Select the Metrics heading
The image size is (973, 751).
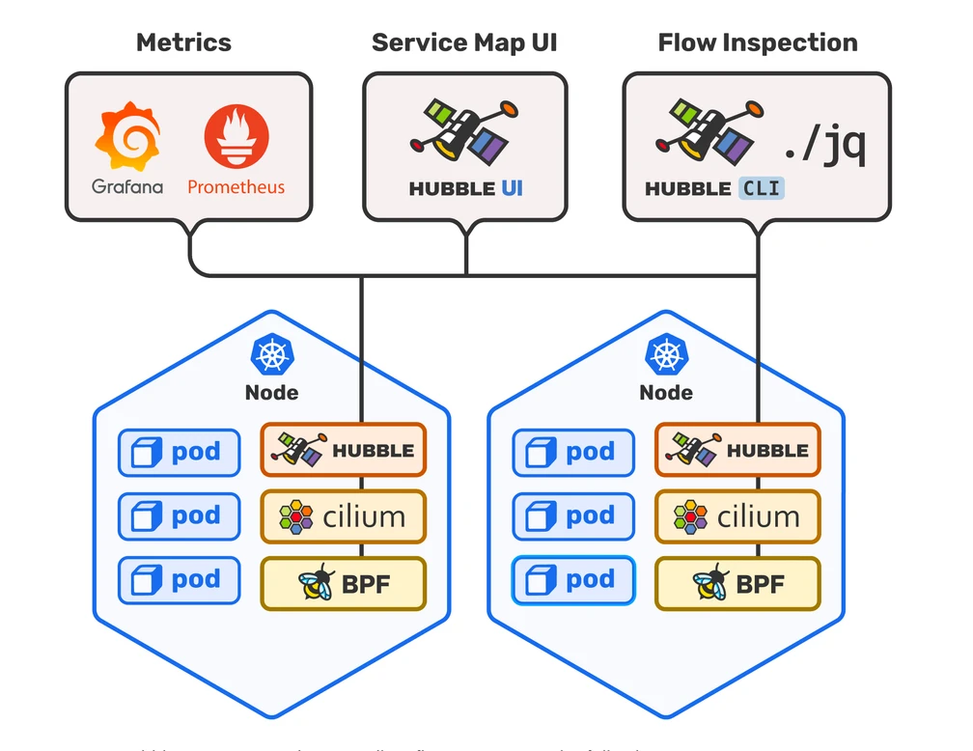point(183,42)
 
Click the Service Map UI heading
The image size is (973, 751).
point(464,42)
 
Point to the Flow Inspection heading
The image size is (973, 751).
point(757,42)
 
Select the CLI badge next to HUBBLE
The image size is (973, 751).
point(762,188)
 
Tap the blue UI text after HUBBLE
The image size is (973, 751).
point(512,188)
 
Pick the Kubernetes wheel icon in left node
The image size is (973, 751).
point(271,354)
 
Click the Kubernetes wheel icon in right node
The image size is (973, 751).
point(665,354)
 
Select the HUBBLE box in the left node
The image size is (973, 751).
point(343,450)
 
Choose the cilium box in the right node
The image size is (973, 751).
point(737,516)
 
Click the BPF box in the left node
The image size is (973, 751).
point(343,583)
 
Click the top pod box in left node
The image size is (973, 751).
point(180,453)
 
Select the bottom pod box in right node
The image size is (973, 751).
point(573,580)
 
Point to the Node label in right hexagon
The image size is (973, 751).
point(665,392)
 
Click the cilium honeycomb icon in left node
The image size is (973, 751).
point(296,517)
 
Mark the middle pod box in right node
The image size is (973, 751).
point(573,516)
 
